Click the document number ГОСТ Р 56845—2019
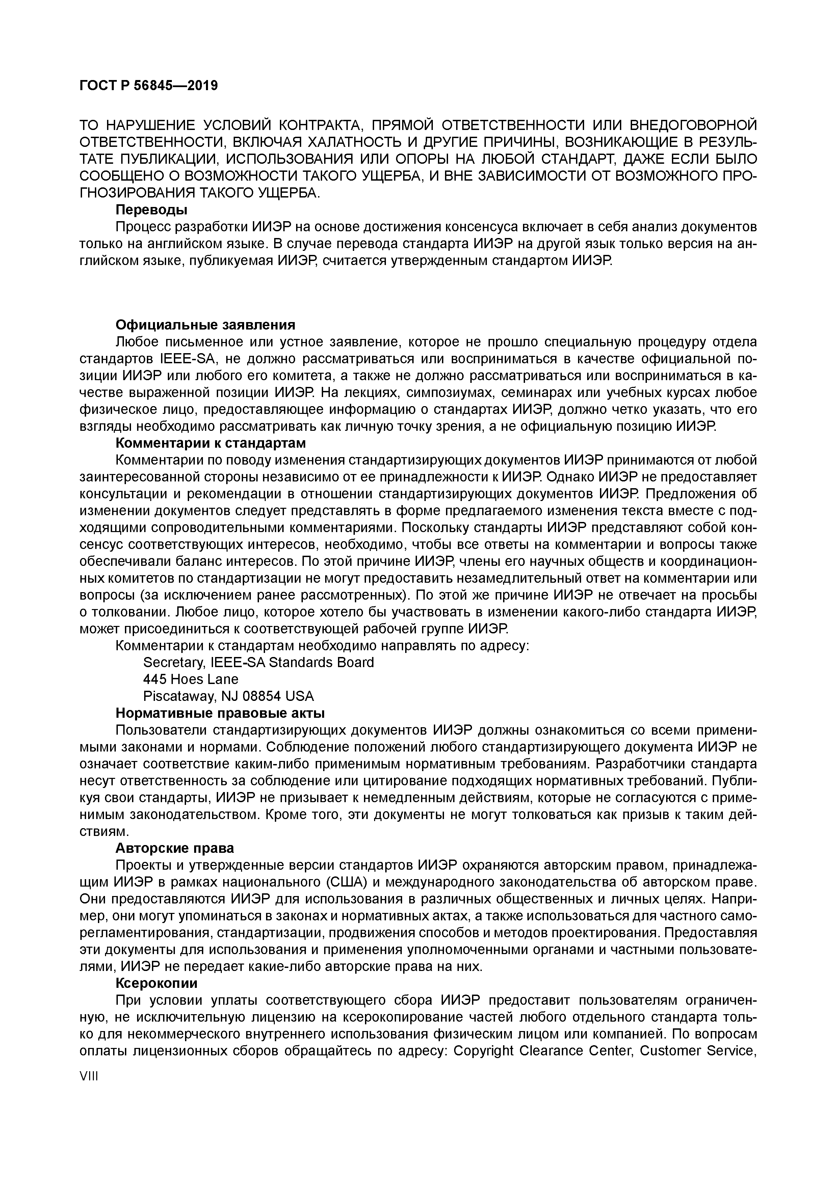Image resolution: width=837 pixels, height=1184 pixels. tap(149, 86)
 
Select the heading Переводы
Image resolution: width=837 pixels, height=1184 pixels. tap(151, 210)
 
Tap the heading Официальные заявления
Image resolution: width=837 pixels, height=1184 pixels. tap(205, 325)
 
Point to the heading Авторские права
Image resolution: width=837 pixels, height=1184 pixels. tap(174, 848)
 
